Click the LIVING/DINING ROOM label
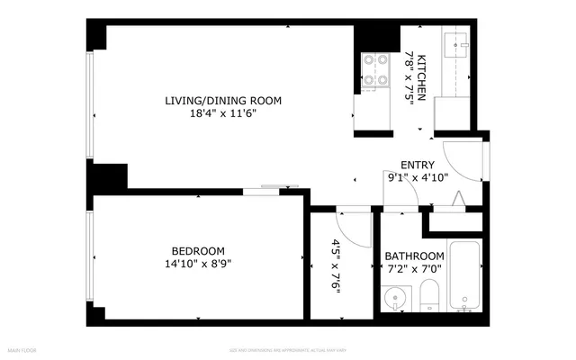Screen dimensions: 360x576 click(222, 101)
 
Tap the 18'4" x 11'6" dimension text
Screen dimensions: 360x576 click(222, 114)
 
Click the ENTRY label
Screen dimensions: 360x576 click(417, 165)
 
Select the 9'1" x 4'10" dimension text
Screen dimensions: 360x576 click(417, 177)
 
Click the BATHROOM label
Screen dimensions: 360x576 click(414, 256)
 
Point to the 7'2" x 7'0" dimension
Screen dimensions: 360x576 click(414, 268)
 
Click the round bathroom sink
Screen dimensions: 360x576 click(394, 298)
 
